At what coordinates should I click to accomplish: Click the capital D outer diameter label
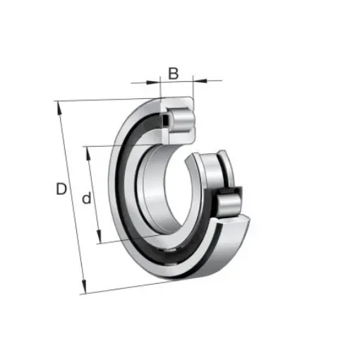(62, 188)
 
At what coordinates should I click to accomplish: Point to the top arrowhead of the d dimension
(87, 150)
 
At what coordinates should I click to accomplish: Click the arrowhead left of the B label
(157, 80)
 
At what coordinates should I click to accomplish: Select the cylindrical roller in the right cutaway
(232, 206)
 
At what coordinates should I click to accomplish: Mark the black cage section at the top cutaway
(165, 121)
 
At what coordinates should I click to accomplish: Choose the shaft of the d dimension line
(95, 194)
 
